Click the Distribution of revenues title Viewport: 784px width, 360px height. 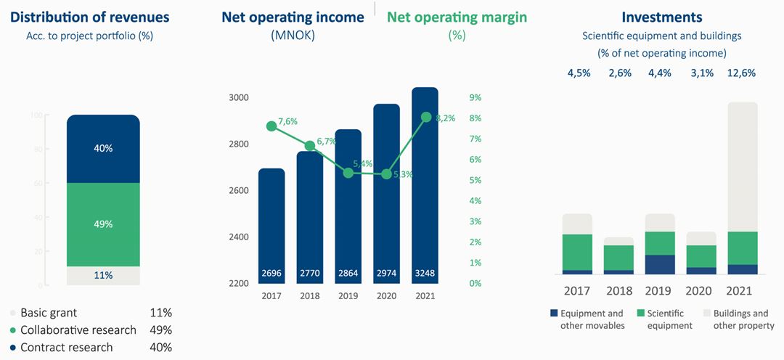91,17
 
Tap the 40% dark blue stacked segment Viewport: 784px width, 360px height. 103,149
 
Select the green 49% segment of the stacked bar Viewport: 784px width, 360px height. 103,224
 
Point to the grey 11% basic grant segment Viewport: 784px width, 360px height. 103,276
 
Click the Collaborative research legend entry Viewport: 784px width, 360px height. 78,330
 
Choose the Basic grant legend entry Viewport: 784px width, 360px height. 49,313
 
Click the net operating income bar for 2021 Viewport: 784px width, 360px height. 425,181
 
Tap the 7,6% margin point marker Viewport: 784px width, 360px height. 271,126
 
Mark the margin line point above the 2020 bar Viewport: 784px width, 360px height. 386,174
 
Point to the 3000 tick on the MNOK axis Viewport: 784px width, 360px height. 239,97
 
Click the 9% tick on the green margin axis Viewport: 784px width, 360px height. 476,97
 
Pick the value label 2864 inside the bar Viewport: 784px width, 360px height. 348,274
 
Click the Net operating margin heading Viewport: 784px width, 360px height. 457,17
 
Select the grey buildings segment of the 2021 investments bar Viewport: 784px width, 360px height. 742,167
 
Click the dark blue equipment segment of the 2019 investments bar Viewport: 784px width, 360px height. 660,264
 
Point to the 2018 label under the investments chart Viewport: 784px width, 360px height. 618,291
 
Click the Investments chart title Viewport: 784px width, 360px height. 662,17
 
